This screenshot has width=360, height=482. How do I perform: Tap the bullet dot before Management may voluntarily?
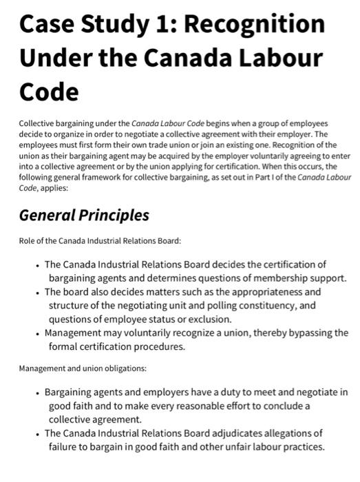[x=37, y=333]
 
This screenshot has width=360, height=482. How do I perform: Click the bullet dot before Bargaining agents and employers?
[x=37, y=392]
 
